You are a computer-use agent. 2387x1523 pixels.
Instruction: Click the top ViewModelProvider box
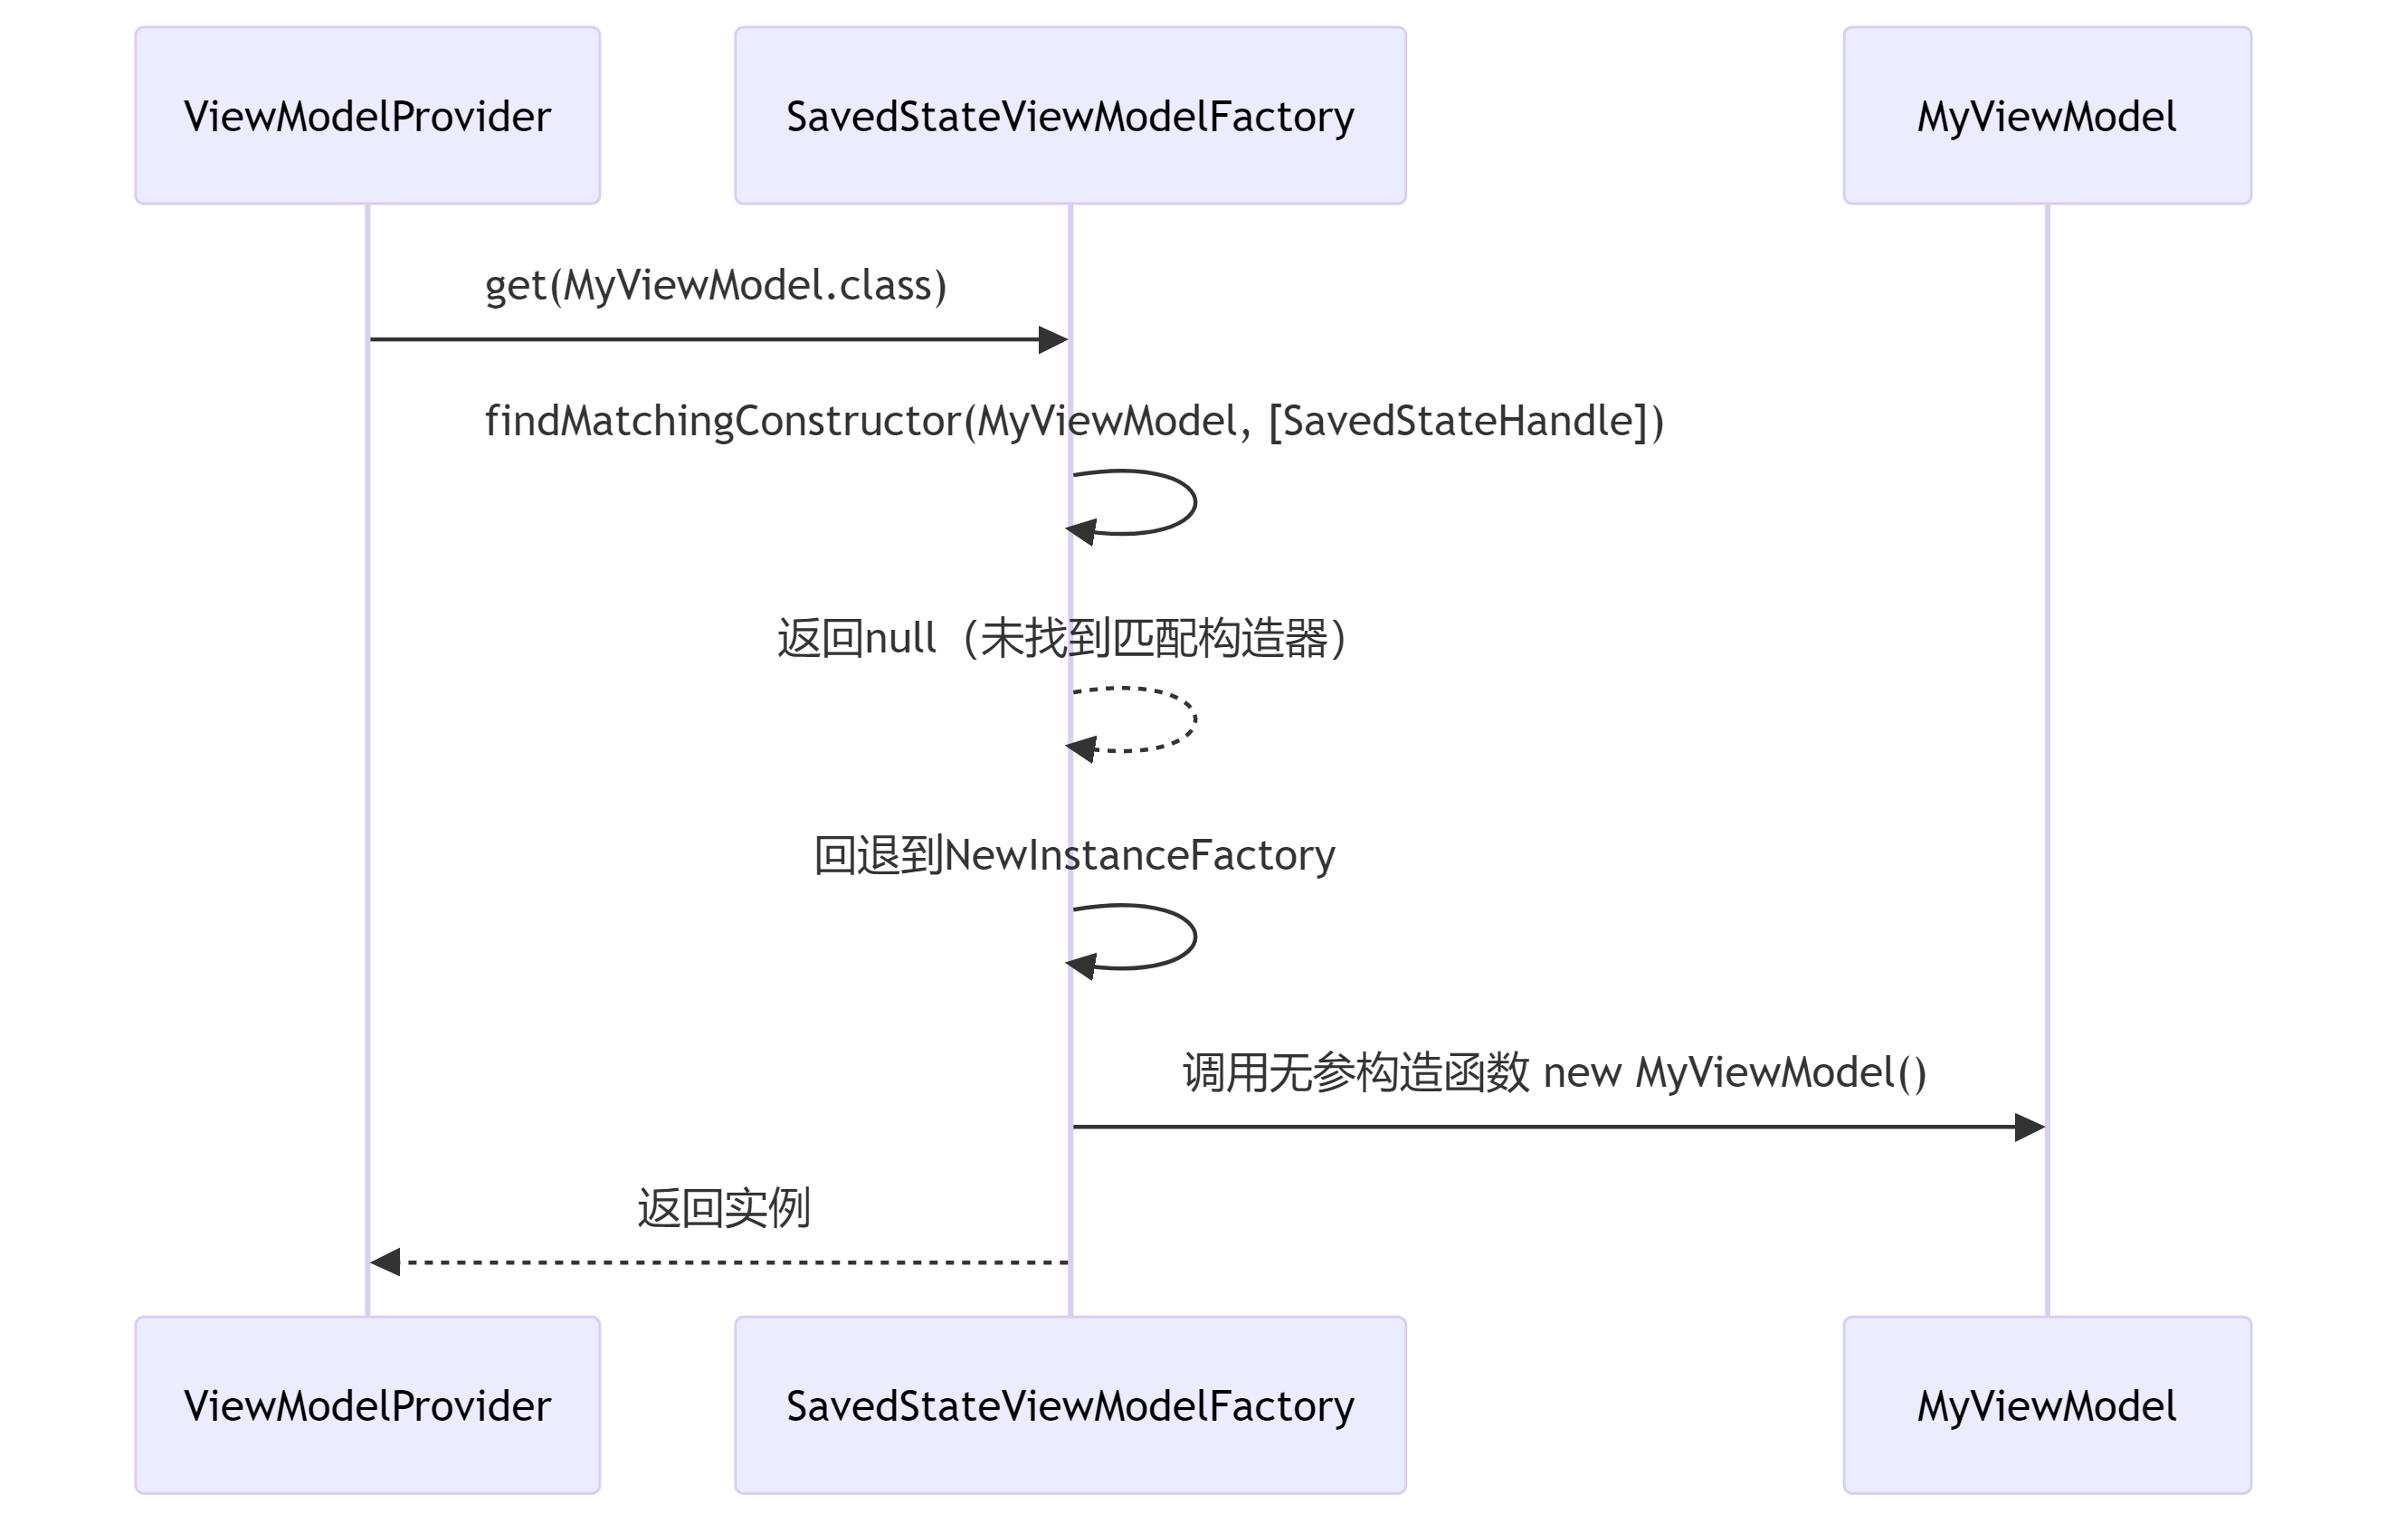tap(366, 116)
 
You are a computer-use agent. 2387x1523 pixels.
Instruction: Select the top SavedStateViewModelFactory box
tap(1070, 116)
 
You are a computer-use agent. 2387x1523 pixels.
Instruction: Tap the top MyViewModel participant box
tap(2046, 116)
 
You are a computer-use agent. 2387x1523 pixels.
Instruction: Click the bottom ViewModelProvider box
tap(366, 1405)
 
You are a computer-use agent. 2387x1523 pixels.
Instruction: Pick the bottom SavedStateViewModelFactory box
tap(1070, 1405)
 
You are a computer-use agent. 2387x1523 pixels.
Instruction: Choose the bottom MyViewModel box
tap(2046, 1405)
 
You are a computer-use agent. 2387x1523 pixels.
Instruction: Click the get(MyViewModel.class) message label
tap(716, 286)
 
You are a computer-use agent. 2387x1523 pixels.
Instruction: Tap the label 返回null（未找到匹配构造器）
tap(1061, 639)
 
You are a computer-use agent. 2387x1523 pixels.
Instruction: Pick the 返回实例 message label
tap(724, 1209)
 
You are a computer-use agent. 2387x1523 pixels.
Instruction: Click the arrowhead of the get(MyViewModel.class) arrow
tap(1052, 340)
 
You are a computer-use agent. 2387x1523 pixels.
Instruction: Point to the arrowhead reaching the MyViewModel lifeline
tap(2030, 1128)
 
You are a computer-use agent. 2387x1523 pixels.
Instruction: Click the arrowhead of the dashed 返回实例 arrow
tap(385, 1262)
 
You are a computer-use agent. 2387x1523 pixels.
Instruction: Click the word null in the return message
tap(900, 639)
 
